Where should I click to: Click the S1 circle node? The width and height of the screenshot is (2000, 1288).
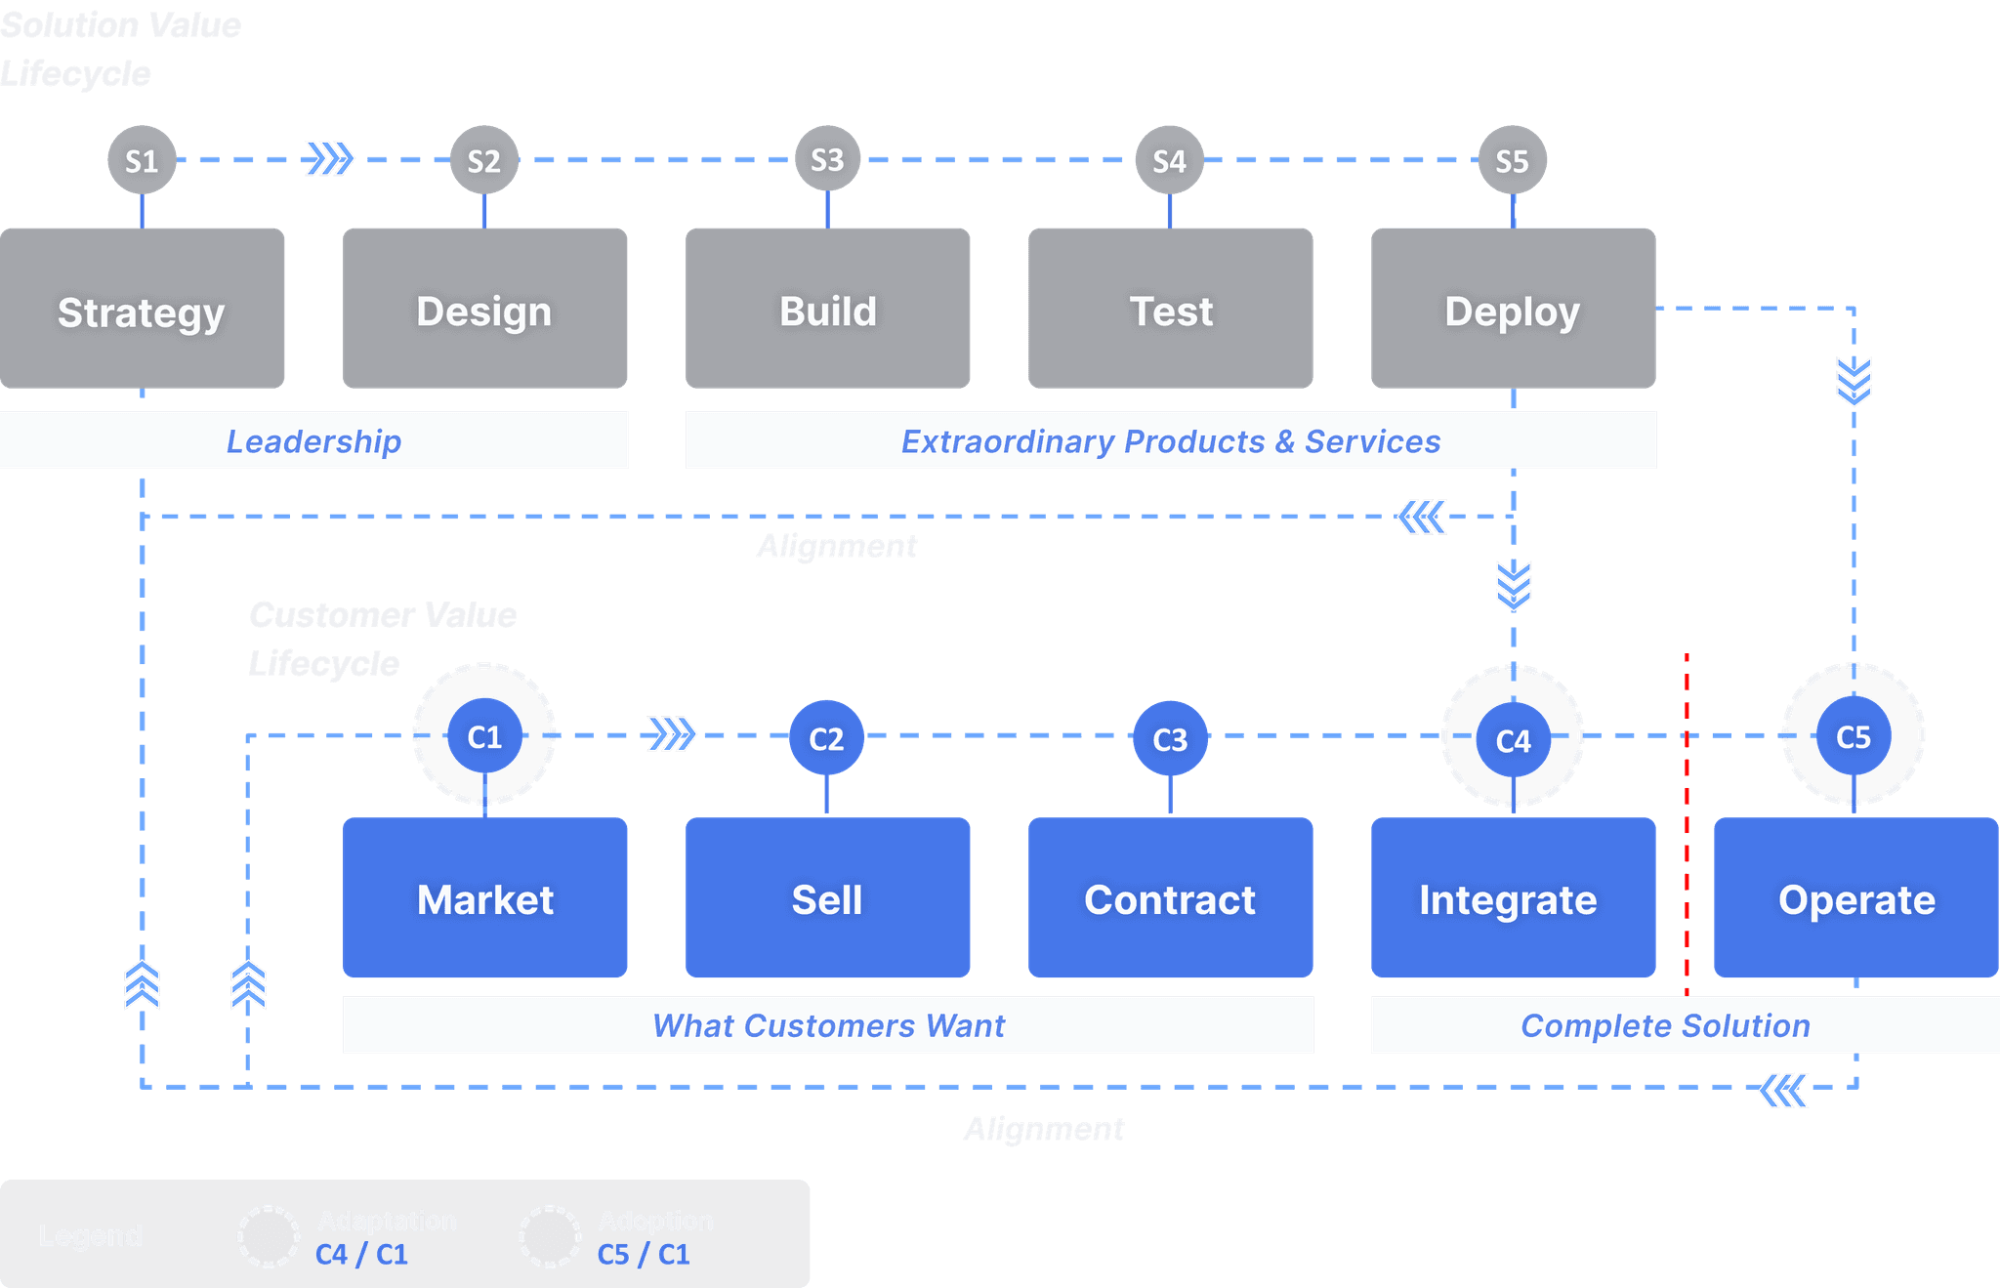(x=142, y=160)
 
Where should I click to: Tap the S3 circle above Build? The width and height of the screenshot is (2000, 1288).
(x=827, y=159)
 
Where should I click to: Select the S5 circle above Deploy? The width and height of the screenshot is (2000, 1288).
(x=1512, y=160)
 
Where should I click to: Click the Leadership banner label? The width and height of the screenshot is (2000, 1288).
(x=313, y=441)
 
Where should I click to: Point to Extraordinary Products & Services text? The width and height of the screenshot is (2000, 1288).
(x=1170, y=441)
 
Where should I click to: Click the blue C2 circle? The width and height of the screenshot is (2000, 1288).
(x=826, y=738)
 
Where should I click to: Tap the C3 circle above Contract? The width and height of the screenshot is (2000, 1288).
(x=1170, y=739)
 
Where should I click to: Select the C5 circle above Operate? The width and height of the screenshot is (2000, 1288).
(x=1853, y=736)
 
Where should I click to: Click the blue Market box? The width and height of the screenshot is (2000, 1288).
(x=485, y=898)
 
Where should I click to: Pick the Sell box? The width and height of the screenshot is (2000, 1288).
(x=827, y=898)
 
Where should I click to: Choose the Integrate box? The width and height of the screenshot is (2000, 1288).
(x=1513, y=898)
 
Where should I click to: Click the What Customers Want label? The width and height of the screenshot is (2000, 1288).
(x=828, y=1025)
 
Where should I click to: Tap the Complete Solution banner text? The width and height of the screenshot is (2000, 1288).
(x=1665, y=1025)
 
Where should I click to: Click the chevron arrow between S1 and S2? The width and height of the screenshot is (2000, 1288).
(x=329, y=158)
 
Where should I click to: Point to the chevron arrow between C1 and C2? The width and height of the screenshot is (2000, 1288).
(x=672, y=734)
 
